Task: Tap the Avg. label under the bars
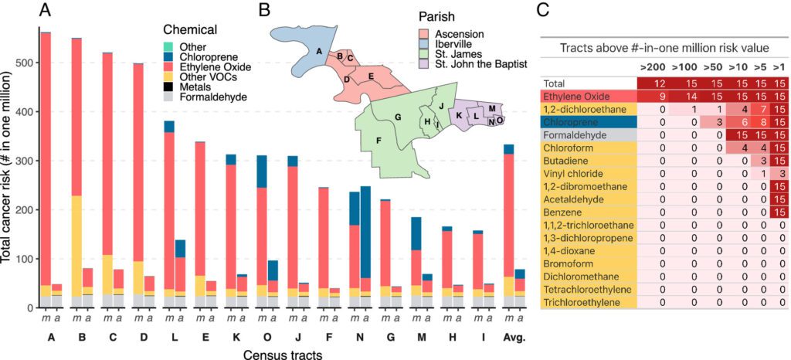[514, 338]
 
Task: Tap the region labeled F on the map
[379, 141]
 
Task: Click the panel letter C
[543, 10]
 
